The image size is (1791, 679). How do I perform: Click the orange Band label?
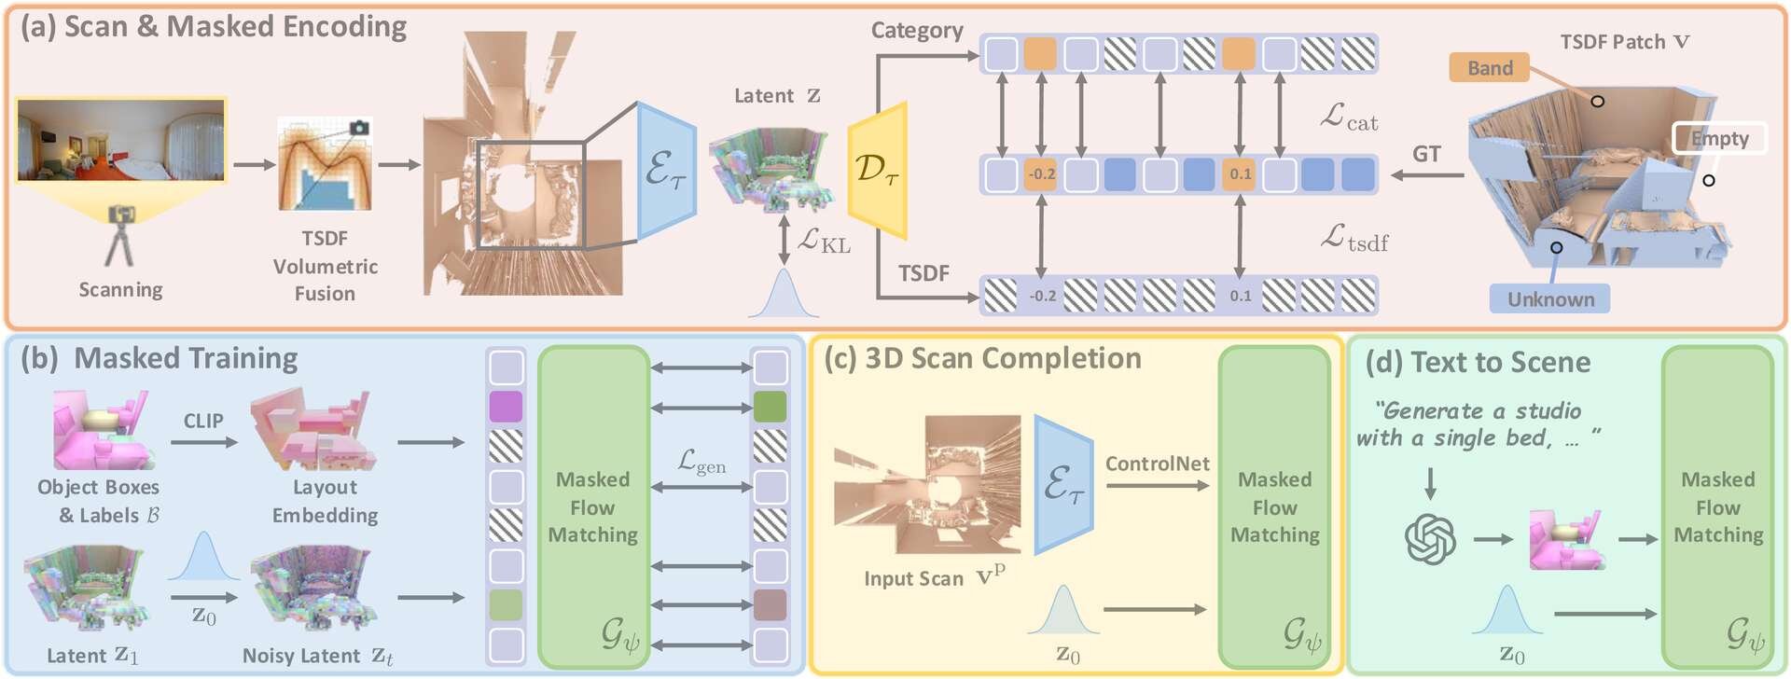[x=1489, y=68]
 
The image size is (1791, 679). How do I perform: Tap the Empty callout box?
[x=1719, y=139]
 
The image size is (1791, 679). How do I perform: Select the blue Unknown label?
[x=1550, y=299]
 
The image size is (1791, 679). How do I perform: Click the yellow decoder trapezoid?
[x=878, y=170]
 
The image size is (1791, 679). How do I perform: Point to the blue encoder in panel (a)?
[x=666, y=171]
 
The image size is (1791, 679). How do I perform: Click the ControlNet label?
[x=1157, y=464]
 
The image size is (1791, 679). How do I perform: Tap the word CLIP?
[x=203, y=421]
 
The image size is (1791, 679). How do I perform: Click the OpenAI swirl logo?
[x=1430, y=539]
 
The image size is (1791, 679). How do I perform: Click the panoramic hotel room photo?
[x=121, y=140]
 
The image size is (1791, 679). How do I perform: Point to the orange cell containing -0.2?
[x=1041, y=174]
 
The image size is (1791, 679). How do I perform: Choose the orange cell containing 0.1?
[x=1240, y=174]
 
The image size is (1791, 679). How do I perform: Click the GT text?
[x=1426, y=154]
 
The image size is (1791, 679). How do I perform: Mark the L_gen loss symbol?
[x=701, y=462]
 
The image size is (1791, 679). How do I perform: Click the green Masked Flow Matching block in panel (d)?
[x=1717, y=507]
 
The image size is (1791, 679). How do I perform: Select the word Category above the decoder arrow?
[x=917, y=31]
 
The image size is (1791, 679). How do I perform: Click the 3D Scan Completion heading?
[x=1003, y=359]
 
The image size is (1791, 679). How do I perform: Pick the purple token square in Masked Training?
[x=506, y=407]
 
